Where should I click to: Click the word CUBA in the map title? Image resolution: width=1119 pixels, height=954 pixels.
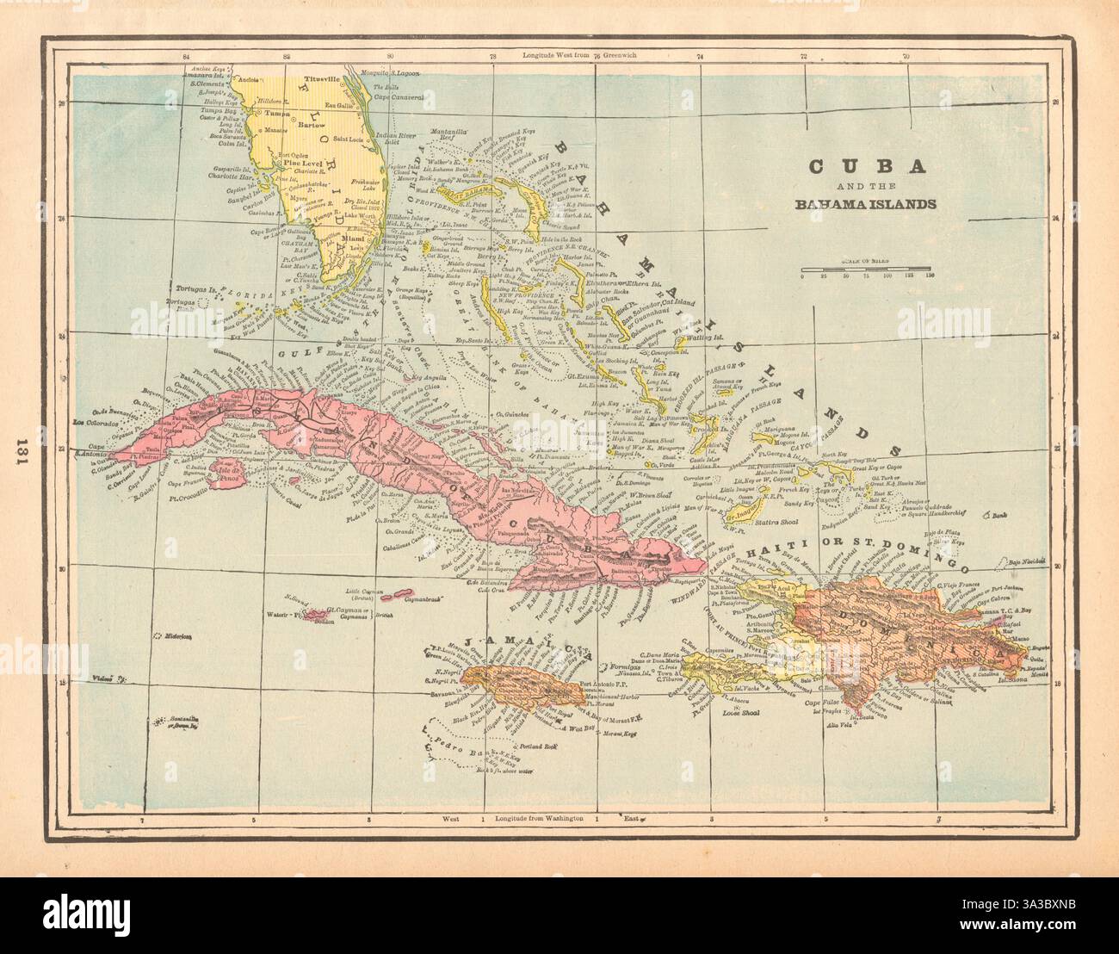click(x=866, y=166)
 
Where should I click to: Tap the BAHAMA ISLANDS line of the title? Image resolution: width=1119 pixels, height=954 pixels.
click(x=866, y=204)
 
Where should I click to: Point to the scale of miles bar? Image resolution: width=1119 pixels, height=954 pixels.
click(x=865, y=269)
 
